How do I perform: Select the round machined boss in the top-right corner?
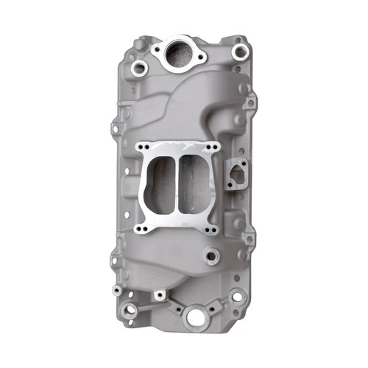tap(238, 52)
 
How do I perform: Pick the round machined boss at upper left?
tap(139, 70)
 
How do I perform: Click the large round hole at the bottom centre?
tap(196, 317)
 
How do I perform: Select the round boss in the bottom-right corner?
tap(237, 297)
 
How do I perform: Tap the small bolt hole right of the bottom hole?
tap(219, 314)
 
